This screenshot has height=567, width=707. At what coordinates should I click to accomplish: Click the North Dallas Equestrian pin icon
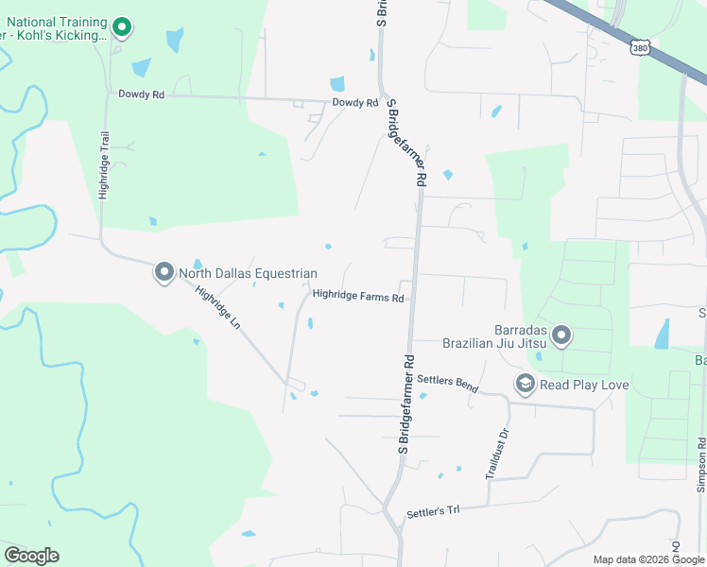(x=164, y=273)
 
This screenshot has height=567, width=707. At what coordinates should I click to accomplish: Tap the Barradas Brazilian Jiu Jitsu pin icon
(x=561, y=335)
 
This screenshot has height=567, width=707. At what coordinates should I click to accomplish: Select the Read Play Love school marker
(x=525, y=384)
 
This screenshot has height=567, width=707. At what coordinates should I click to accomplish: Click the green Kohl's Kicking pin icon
(x=121, y=27)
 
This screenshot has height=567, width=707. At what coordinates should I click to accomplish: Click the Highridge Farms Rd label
(x=358, y=296)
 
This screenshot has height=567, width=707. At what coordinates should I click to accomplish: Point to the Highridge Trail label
(x=105, y=164)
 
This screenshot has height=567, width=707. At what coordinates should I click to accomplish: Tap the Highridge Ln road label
(x=218, y=307)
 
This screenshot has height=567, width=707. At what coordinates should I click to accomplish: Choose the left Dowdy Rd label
(x=142, y=94)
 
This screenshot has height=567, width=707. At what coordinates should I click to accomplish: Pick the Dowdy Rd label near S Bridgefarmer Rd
(x=354, y=103)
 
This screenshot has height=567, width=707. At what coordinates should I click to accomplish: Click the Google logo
(x=31, y=556)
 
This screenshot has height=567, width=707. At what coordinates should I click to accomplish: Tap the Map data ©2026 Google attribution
(x=647, y=559)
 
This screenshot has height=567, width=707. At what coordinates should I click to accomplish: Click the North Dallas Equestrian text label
(x=248, y=274)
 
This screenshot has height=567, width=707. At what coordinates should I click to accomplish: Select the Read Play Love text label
(x=584, y=385)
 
